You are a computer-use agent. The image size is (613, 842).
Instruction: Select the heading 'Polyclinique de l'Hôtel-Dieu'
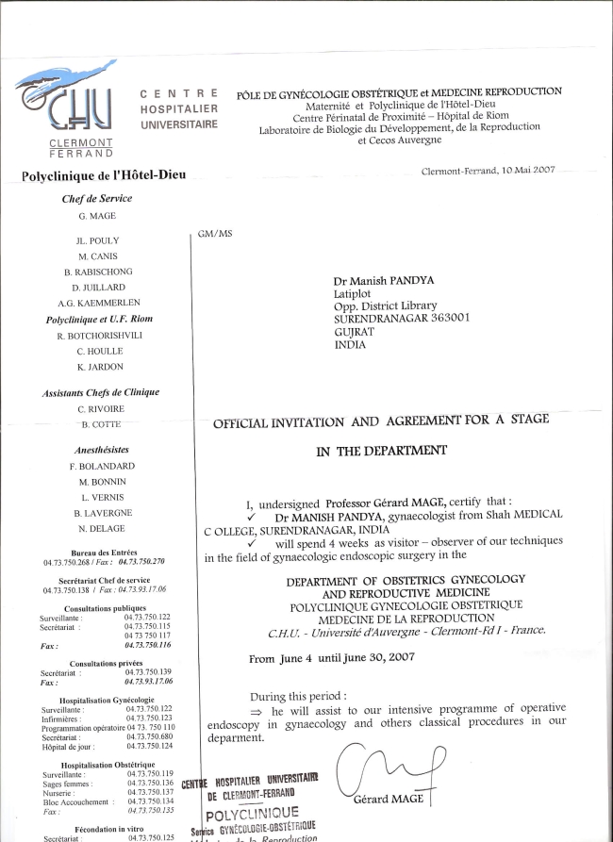coord(103,174)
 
